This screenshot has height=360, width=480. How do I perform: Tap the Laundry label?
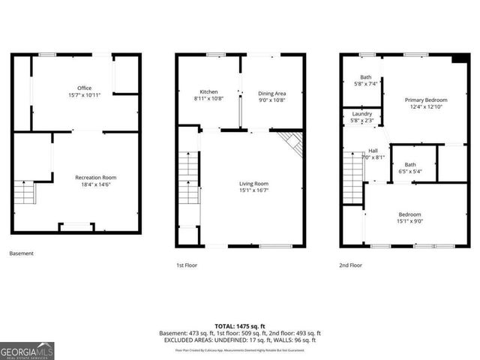[x=362, y=117]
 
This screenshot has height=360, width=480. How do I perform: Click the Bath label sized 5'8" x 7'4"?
[x=365, y=80]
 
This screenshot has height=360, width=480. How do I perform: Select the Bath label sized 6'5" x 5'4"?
[x=410, y=167]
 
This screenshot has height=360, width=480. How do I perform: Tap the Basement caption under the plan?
[x=22, y=253]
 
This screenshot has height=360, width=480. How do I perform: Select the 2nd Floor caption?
[x=350, y=265]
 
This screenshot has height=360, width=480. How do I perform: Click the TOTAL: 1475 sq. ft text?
[x=239, y=326]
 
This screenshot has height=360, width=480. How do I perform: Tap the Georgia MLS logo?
[x=27, y=350]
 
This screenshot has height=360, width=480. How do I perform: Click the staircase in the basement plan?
[x=25, y=193]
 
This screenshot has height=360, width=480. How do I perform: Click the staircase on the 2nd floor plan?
[x=352, y=177]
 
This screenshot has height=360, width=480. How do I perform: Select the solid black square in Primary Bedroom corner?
[x=459, y=60]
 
